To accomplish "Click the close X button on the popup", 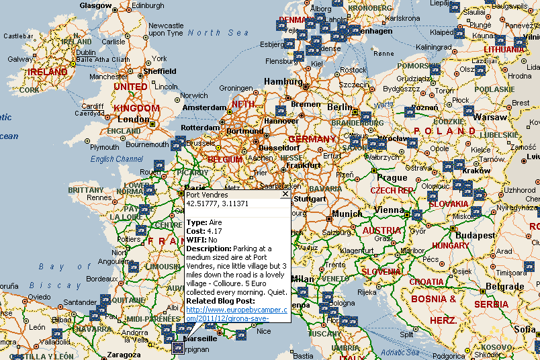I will [x=285, y=194].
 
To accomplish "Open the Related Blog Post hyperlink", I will [x=236, y=313].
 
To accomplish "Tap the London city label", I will [x=133, y=119].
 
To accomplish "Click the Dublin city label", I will [x=85, y=52].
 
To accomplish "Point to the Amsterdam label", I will [x=205, y=107].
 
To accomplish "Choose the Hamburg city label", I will [x=283, y=81].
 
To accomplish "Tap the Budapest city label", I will [x=475, y=236].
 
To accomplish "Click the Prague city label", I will [x=392, y=178].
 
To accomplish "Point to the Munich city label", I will [x=347, y=214].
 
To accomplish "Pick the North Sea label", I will [x=209, y=32].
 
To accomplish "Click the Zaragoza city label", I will [x=123, y=355].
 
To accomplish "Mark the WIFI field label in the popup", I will [x=196, y=239].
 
